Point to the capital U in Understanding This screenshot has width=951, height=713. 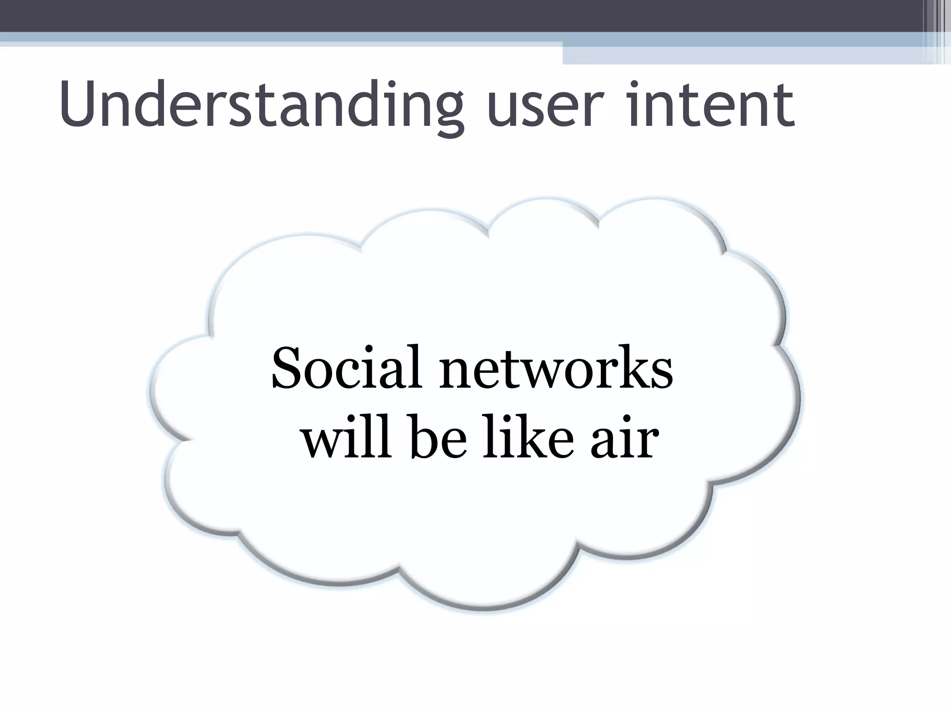click(x=79, y=104)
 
